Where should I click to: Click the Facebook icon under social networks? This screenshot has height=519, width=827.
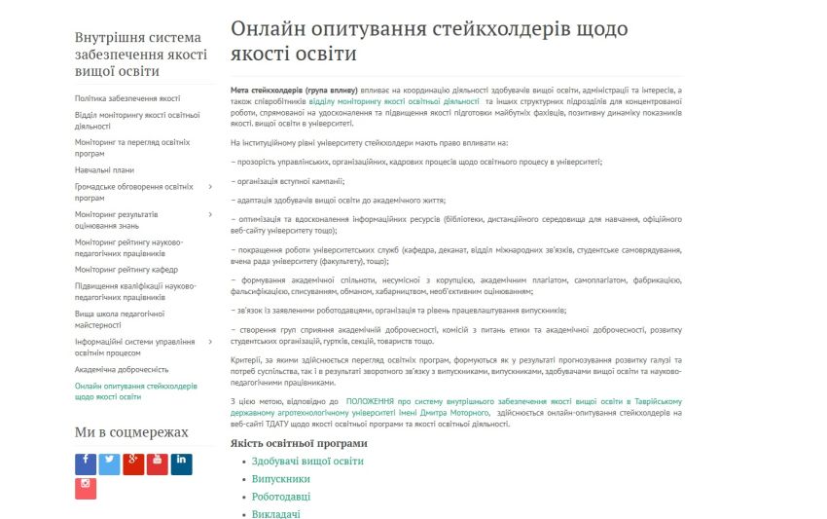[86, 463]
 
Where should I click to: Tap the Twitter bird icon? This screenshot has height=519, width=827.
[109, 463]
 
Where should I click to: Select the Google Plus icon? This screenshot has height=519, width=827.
[133, 463]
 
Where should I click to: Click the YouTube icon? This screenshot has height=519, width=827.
[158, 463]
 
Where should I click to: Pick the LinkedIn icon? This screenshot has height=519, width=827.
[182, 463]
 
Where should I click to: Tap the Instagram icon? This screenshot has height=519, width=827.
[86, 488]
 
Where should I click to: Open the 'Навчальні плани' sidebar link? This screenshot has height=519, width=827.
[104, 169]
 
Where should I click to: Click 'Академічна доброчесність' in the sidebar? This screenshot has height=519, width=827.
[122, 370]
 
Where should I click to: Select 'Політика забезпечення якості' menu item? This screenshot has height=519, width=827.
[127, 98]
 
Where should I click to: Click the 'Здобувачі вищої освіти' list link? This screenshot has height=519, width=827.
[307, 461]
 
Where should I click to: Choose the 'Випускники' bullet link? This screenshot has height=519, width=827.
[281, 479]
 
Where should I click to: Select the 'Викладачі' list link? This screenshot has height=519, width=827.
[276, 513]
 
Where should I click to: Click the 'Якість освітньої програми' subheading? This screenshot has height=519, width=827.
[299, 443]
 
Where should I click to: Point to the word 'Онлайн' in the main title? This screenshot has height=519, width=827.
[263, 29]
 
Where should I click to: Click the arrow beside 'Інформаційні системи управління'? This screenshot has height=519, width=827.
[210, 342]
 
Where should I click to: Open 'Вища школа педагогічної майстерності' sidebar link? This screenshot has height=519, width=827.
[120, 319]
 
